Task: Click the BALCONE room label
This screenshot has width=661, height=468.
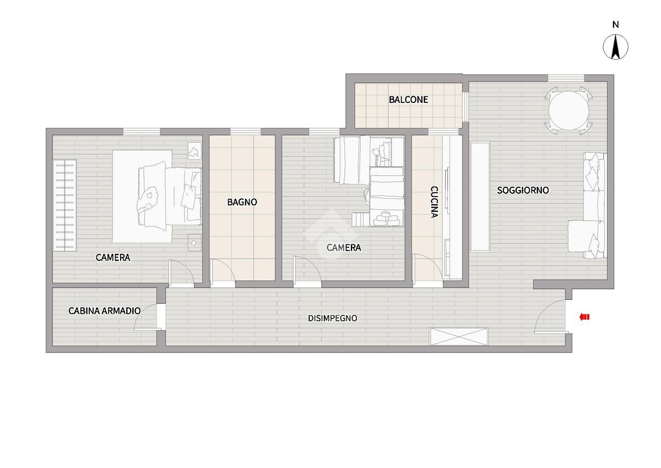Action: pyautogui.click(x=408, y=100)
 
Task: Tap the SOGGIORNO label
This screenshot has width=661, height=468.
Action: pyautogui.click(x=523, y=190)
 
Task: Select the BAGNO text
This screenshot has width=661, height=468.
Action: pyautogui.click(x=242, y=202)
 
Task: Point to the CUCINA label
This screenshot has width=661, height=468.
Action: pyautogui.click(x=434, y=202)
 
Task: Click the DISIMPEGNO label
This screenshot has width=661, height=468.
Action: pyautogui.click(x=333, y=318)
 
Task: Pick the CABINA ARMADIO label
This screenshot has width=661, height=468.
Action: pyautogui.click(x=105, y=311)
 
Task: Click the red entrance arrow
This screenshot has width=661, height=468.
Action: pyautogui.click(x=584, y=317)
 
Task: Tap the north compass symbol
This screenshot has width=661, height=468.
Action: pyautogui.click(x=615, y=47)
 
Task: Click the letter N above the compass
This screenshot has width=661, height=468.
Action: pyautogui.click(x=616, y=25)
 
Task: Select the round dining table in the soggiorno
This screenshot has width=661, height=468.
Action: pyautogui.click(x=568, y=111)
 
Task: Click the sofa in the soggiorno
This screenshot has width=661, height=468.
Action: pyautogui.click(x=588, y=205)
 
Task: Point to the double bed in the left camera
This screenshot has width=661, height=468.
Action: pyautogui.click(x=170, y=196)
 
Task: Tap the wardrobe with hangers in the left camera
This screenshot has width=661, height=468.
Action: pyautogui.click(x=65, y=205)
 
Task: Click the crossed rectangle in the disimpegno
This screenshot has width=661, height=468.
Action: pyautogui.click(x=459, y=336)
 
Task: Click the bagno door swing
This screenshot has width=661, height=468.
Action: pyautogui.click(x=223, y=270)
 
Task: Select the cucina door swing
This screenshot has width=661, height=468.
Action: pyautogui.click(x=428, y=267)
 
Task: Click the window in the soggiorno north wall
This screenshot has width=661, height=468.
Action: pyautogui.click(x=566, y=78)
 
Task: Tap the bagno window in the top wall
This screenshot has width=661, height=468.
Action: pyautogui.click(x=246, y=132)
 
